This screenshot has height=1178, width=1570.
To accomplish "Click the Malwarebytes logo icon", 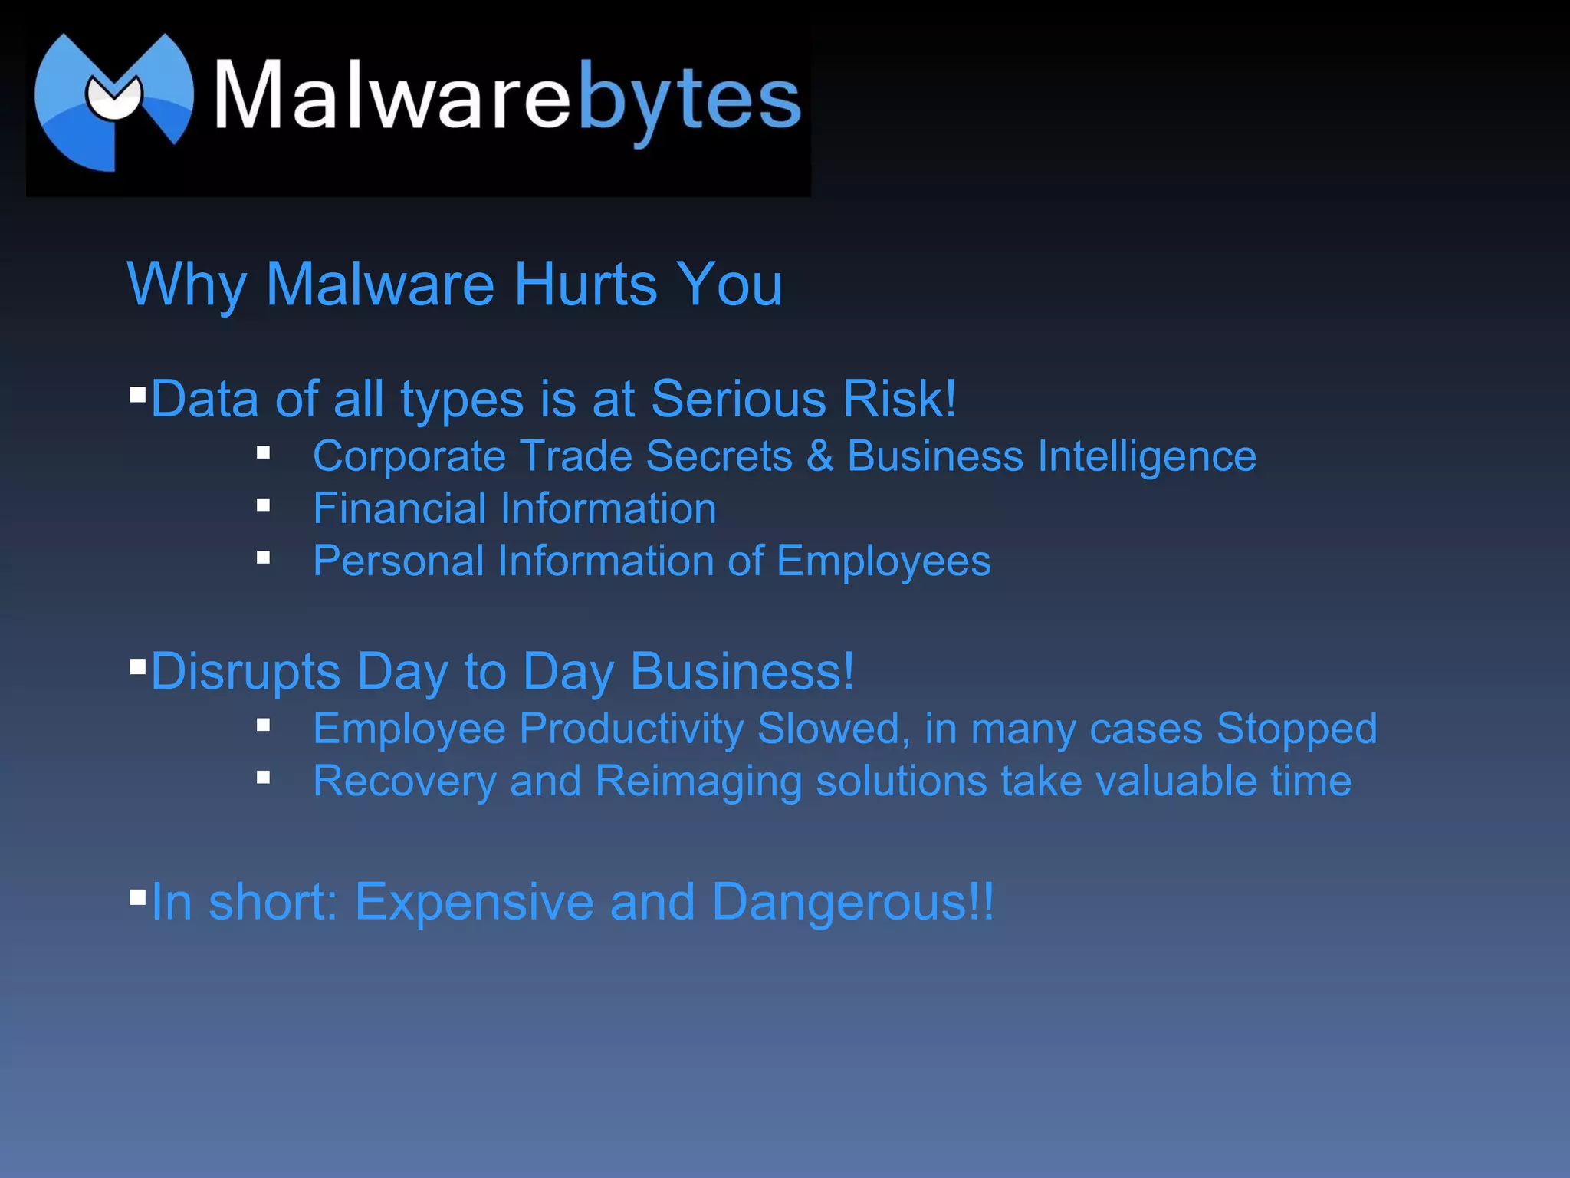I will coord(113,100).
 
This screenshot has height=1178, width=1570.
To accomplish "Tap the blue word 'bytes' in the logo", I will coord(689,100).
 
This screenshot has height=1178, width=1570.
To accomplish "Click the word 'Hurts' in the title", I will coord(586,285).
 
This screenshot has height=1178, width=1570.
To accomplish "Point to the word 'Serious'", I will coord(739,400).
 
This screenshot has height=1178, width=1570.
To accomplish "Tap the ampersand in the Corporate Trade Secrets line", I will coord(819,456).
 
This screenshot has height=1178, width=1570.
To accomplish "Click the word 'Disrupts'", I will coord(245,673).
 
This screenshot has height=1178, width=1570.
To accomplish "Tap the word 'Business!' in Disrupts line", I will coord(742,672).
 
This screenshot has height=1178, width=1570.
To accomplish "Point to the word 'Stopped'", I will coord(1296,729).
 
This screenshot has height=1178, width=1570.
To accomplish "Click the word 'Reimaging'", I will coord(698,782).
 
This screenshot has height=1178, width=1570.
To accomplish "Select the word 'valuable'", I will coord(1176,781).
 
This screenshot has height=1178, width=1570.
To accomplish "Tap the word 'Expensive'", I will coord(474,902).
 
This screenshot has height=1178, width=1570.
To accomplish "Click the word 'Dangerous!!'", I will coord(852,902).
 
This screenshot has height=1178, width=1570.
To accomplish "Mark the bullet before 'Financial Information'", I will coord(264,505).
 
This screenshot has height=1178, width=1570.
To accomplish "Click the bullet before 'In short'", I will coord(138,897).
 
